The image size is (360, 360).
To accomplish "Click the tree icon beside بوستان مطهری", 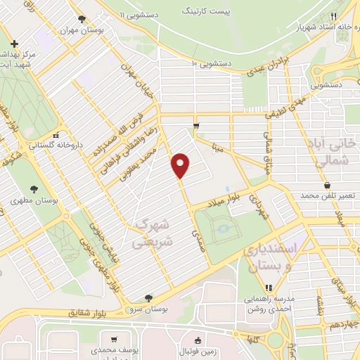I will pyautogui.click(x=34, y=188).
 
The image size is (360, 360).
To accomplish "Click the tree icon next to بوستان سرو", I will pyautogui.click(x=148, y=298).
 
